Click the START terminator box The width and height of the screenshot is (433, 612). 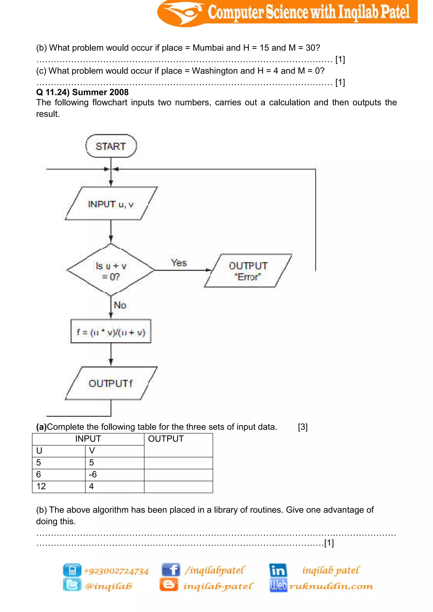[111, 146]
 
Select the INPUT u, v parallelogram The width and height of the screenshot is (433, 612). [111, 204]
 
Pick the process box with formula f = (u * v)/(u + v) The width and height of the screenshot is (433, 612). [111, 332]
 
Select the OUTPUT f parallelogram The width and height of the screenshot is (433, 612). [111, 383]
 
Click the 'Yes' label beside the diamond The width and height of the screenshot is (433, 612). [179, 263]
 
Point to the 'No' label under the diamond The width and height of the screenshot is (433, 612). [120, 305]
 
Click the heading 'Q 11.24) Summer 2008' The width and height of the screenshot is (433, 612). [82, 92]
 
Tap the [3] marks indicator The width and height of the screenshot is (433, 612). [303, 427]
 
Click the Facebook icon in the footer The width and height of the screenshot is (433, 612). [171, 570]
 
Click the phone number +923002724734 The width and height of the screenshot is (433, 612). [116, 571]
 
